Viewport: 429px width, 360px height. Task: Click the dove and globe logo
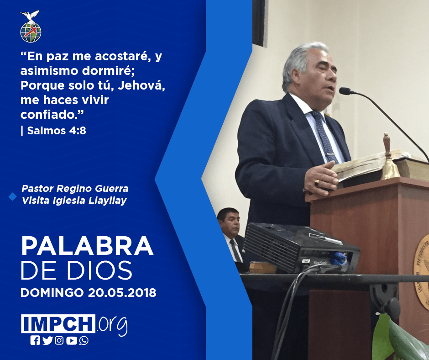tap(31, 26)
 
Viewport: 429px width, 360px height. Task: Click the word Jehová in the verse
tap(141, 85)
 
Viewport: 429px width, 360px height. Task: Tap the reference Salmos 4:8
tap(57, 131)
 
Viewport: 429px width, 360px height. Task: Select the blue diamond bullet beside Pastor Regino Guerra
tap(13, 196)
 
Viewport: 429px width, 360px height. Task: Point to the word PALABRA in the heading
tap(87, 246)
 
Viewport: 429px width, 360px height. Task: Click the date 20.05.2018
tap(122, 292)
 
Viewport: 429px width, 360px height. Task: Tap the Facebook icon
tap(35, 340)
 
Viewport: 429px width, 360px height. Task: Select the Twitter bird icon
tap(47, 340)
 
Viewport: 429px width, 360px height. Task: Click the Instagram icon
tap(59, 340)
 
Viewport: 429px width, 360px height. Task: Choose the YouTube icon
tap(72, 340)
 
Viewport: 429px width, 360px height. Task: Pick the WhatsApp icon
tap(84, 340)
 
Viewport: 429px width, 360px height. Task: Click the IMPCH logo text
tap(58, 323)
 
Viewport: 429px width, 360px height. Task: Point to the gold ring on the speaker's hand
tap(317, 183)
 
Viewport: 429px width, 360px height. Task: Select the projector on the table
tap(300, 248)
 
